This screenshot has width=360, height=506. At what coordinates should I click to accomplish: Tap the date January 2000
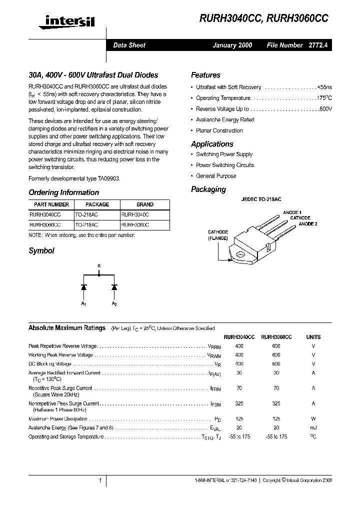(232, 45)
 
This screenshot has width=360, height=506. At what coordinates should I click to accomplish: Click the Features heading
(205, 75)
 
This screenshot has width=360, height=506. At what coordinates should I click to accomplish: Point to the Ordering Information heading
(63, 192)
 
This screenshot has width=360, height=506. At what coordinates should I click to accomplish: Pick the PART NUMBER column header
(51, 204)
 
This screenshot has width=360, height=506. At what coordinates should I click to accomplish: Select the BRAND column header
(145, 204)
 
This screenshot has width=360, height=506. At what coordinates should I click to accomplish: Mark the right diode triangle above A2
(114, 287)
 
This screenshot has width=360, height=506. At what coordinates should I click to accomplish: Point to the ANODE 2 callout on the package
(308, 224)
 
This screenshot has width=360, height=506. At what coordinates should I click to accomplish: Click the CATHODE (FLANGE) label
(218, 235)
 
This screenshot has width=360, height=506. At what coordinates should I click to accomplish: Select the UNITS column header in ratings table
(313, 337)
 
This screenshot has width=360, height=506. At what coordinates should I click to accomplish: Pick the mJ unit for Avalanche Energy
(313, 427)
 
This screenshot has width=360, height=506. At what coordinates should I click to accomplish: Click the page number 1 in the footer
(100, 480)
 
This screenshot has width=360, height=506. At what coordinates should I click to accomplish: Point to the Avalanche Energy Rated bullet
(225, 120)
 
